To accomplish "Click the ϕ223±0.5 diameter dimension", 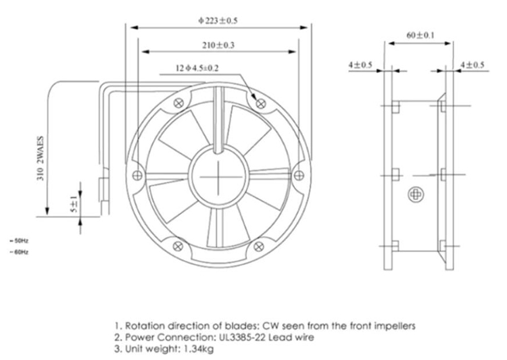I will coord(218,20).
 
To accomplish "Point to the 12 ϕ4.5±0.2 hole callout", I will coord(197,68).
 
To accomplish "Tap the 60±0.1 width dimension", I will coord(419,34).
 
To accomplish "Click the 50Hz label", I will coord(19,240).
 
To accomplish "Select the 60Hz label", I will coord(19,252).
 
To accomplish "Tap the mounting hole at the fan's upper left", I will coord(178,103).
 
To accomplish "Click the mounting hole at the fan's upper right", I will coord(262,103).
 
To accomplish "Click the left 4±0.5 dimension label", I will coord(360,65).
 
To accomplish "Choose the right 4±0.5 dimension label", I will coord(472,65).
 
